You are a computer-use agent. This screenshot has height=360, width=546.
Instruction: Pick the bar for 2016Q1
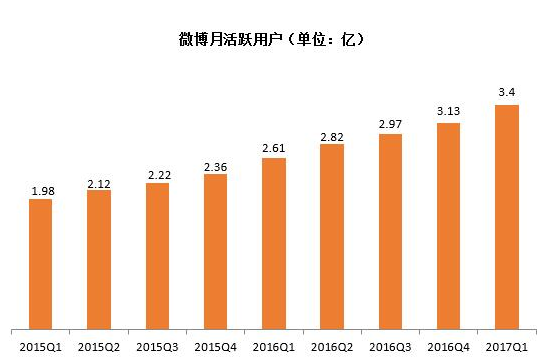pos(273,243)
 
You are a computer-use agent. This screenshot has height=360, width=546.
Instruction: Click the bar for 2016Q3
pos(390,231)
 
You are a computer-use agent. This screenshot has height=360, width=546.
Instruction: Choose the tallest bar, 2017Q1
pos(507,217)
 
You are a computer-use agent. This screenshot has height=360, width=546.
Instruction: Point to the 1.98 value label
pos(41,190)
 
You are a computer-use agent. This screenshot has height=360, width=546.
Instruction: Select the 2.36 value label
pos(215,166)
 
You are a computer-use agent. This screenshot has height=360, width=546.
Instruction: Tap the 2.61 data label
pos(273,149)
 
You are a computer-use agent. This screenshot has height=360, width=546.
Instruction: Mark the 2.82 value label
pos(332,136)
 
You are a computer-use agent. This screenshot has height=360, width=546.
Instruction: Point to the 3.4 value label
pos(507,95)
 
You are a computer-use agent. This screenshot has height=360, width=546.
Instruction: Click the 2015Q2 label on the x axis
pos(99,346)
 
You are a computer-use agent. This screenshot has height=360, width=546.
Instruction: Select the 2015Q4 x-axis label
pos(215,346)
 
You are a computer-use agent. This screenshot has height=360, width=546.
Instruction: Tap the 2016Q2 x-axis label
pos(332,346)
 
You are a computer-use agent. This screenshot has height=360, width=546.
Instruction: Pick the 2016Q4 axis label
pos(448,346)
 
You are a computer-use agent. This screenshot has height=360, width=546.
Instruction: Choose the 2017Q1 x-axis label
pos(507,346)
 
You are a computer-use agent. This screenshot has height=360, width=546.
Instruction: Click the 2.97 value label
pos(390,125)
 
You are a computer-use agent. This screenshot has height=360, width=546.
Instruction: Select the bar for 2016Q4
pos(448,226)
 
